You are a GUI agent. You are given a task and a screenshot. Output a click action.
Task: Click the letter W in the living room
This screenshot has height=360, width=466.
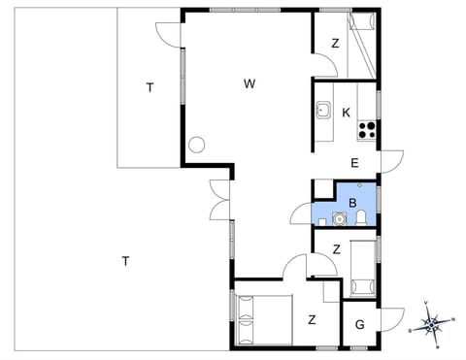tap(250, 84)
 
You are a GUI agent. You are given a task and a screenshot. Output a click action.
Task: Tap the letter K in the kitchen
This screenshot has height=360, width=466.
tap(346, 113)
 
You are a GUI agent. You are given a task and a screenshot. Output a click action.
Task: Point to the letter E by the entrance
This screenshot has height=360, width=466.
tap(354, 162)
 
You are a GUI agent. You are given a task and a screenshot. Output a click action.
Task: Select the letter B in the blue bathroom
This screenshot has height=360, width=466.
tap(353, 203)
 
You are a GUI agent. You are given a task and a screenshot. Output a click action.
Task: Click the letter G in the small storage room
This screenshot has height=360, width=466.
tap(360, 323)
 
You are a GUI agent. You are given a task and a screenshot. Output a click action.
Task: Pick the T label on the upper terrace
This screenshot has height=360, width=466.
tap(150, 88)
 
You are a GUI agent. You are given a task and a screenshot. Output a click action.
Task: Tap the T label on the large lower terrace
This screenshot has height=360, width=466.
tap(125, 259)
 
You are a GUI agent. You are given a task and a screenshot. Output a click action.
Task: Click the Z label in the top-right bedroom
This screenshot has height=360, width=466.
tap(334, 43)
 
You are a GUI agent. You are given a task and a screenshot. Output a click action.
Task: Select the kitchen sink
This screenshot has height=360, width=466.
tap(323, 111)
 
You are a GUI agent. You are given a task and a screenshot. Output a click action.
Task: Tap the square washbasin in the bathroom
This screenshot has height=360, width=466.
tap(340, 217)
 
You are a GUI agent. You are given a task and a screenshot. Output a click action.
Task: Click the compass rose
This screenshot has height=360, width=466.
tap(435, 324)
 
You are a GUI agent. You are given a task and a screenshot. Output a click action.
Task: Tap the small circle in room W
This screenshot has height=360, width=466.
tap(197, 146)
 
